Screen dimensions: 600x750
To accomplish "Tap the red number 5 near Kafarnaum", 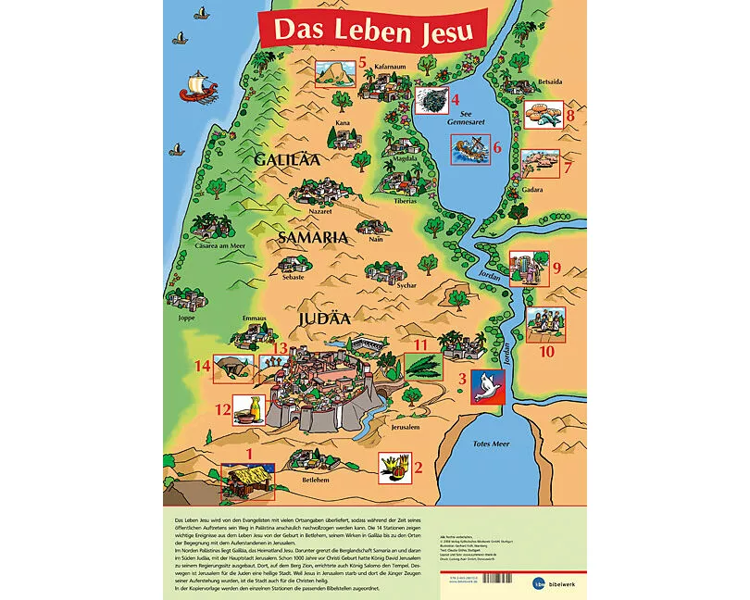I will pos(364,63).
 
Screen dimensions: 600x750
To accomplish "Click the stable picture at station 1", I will pos(242,479).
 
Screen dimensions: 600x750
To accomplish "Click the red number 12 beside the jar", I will pos(222,408).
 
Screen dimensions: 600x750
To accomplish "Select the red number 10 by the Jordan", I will pos(547,352).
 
